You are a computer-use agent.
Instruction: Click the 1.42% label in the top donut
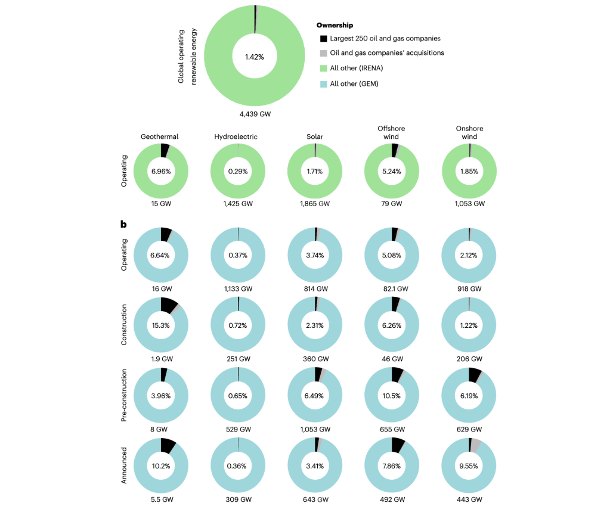254,57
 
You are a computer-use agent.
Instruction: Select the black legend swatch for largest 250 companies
323,39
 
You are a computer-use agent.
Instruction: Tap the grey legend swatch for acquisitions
323,53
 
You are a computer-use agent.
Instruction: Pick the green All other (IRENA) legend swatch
323,69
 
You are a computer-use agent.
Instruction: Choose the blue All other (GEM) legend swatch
323,84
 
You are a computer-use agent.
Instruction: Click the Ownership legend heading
335,26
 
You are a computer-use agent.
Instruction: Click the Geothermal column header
159,136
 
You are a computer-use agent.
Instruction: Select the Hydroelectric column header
236,136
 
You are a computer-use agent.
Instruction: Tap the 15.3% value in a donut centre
162,325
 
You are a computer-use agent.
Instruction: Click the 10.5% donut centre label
392,395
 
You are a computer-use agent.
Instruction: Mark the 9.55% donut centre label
469,465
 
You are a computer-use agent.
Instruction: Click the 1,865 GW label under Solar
315,204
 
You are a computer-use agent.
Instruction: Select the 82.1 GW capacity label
392,288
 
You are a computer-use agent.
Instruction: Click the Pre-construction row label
125,395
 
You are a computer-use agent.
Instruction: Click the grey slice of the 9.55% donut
476,444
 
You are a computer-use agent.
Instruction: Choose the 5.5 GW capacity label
162,499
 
